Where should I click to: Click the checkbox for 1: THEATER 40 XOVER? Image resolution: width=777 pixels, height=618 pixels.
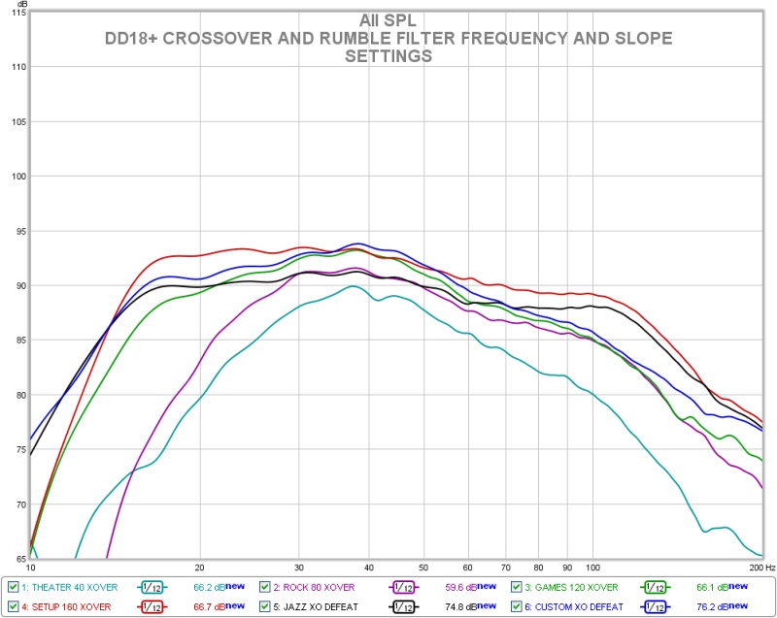point(12,587)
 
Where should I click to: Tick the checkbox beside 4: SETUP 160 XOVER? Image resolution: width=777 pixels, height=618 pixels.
point(12,606)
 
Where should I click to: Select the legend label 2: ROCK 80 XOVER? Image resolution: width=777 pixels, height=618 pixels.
point(315,587)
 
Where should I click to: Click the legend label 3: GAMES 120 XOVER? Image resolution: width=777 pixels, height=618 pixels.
point(571,587)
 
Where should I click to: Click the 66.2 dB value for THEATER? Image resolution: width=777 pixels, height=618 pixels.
point(202,587)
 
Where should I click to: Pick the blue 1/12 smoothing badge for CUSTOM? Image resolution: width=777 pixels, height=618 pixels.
point(657,606)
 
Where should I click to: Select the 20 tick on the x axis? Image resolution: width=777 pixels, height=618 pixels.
point(199,568)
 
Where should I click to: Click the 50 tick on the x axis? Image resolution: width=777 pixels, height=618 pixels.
point(423,568)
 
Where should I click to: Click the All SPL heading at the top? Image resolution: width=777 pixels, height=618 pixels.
point(388,20)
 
